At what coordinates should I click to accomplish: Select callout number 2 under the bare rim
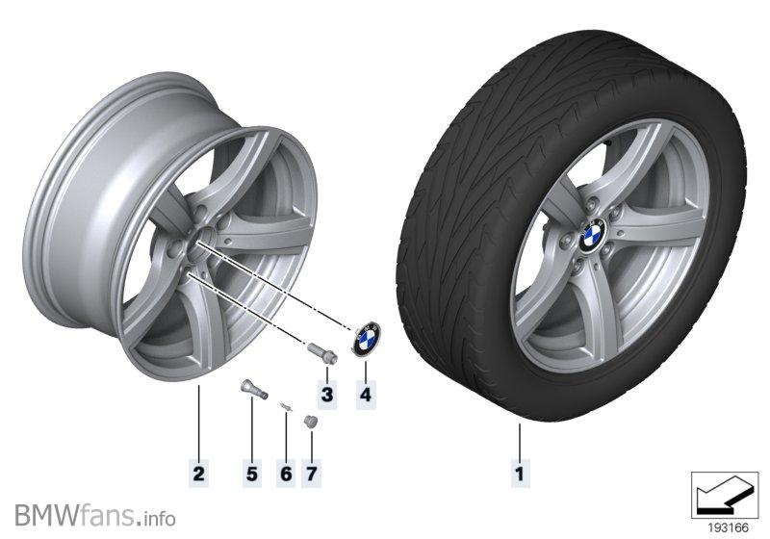click(x=197, y=473)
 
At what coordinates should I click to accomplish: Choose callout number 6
click(x=286, y=473)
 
